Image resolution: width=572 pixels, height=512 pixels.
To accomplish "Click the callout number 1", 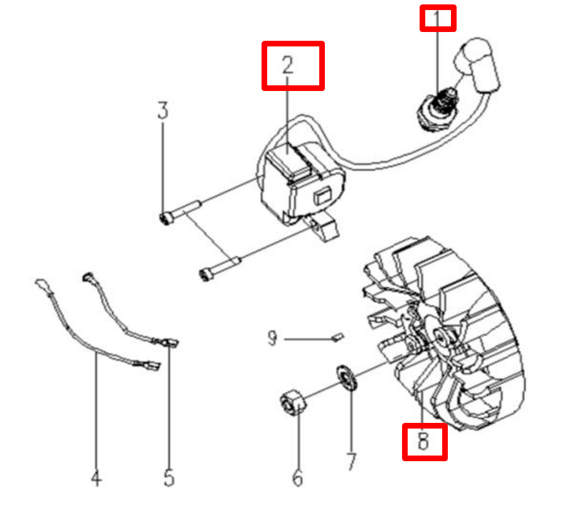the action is (437, 18).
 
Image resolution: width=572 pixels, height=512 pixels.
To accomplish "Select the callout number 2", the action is (288, 65).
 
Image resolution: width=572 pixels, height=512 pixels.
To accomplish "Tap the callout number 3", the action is (162, 110).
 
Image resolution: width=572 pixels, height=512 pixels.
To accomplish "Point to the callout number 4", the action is (96, 477).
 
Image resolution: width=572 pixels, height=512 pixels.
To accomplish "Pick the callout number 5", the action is (169, 477).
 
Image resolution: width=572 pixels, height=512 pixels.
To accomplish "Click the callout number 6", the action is (298, 477).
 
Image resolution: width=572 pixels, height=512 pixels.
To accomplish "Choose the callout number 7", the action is (351, 462).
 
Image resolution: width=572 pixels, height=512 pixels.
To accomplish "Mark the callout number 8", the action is (423, 440).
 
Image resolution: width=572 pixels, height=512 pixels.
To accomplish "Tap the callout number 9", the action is (272, 338).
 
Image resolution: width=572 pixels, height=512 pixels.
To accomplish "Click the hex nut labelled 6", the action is (293, 403).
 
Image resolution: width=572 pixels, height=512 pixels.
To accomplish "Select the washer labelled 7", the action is (346, 378).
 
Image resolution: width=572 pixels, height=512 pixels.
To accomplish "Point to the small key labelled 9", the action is (338, 337).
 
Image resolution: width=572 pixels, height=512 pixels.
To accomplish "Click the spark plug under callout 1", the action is (437, 108).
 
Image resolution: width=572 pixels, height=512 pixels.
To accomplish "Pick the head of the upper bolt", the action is (166, 218).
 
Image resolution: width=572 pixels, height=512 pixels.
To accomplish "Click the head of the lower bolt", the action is (206, 274).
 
